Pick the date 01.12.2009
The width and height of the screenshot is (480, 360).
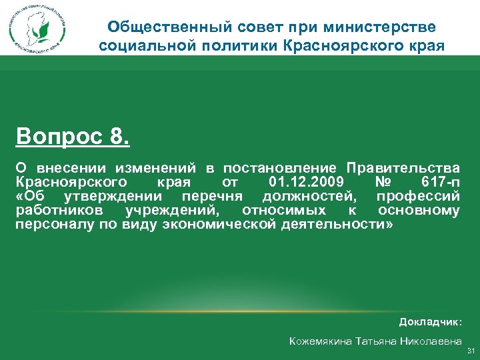tap(305, 181)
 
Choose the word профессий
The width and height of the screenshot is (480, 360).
tap(418, 196)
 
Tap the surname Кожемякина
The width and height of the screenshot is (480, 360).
tap(323, 341)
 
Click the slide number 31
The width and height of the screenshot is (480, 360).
tap(470, 351)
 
